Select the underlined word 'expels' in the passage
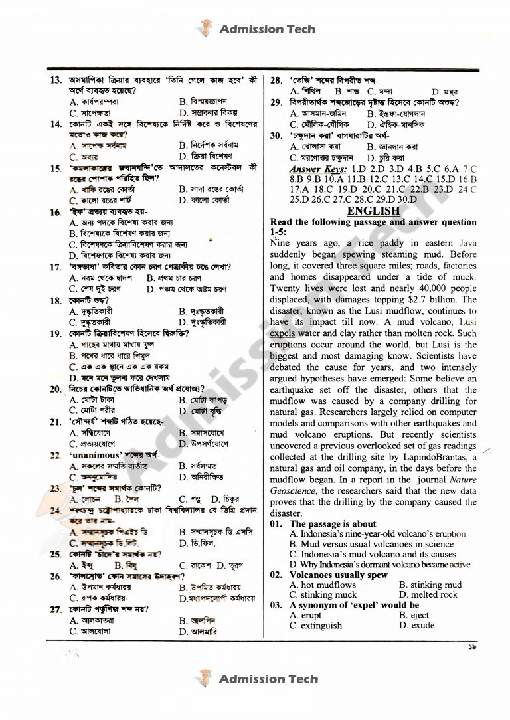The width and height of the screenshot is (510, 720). tap(283, 333)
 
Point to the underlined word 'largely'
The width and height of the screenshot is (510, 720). tap(384, 412)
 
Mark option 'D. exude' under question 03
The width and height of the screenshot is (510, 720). tap(416, 626)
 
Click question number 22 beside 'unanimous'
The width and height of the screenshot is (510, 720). tap(56, 456)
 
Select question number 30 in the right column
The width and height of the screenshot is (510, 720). tap(276, 135)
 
